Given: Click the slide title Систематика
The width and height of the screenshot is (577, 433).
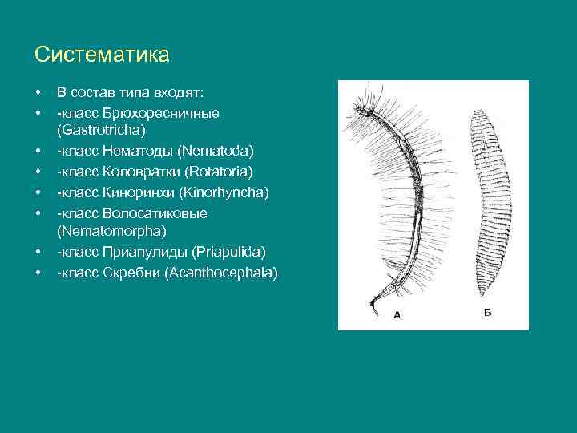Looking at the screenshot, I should pos(102,55).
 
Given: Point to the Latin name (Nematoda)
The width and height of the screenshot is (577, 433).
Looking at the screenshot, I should pos(216,150).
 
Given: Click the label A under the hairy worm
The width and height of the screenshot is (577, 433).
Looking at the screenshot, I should pos(397,315).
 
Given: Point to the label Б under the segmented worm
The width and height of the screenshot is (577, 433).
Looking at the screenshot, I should pos(487,312).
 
